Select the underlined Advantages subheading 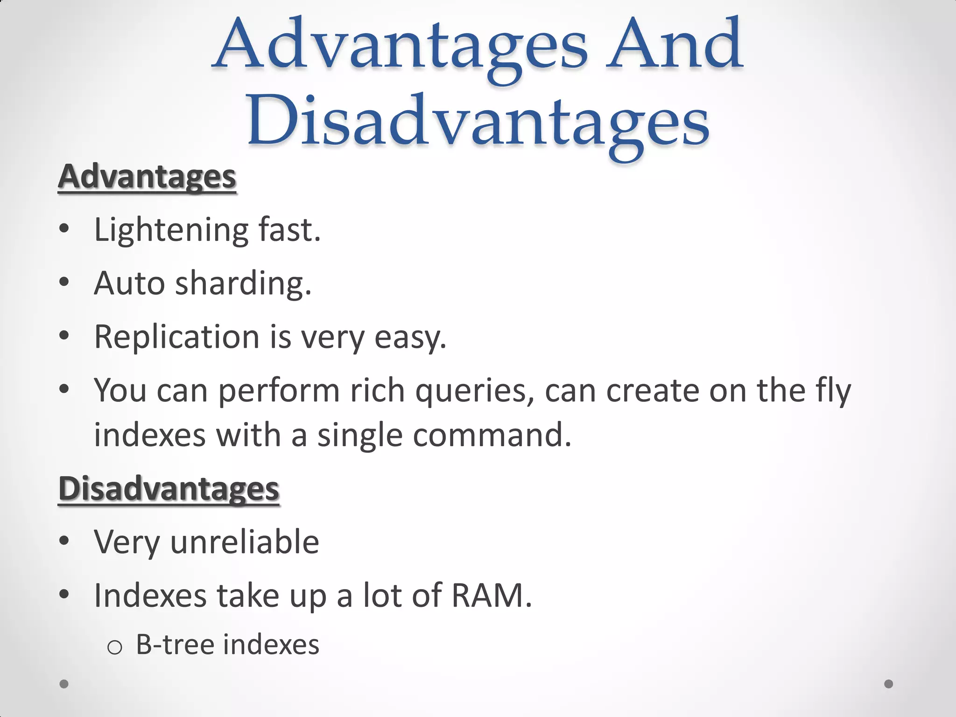[147, 177]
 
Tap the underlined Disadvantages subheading [169, 489]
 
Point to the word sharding [243, 283]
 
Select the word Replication [176, 337]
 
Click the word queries [474, 391]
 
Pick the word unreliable [245, 542]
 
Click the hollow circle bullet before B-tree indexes [115, 647]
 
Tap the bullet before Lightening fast [64, 229]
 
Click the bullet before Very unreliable [64, 541]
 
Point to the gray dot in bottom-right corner [889, 684]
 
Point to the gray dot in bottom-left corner [64, 684]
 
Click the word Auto [129, 283]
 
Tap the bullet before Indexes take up [64, 594]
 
